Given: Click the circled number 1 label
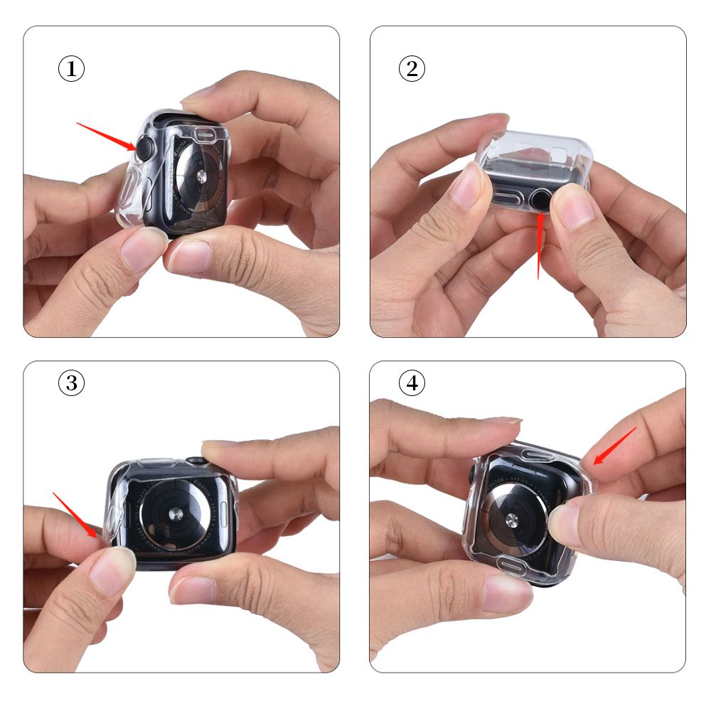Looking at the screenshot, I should (71, 69).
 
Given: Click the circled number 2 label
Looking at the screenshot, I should (412, 69).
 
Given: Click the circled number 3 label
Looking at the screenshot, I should (71, 383).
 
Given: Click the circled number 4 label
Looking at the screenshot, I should (412, 383).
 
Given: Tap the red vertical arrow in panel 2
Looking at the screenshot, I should (540, 245).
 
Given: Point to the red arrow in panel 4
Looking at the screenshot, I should (614, 446).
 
